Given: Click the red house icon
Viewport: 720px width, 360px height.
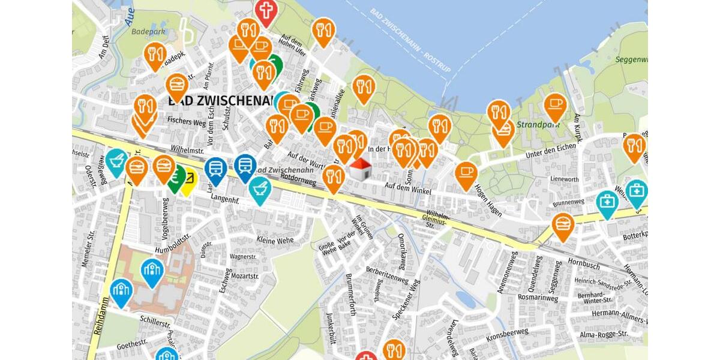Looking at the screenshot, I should pos(359,169).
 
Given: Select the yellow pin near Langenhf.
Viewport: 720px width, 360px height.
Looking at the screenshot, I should pos(188,181).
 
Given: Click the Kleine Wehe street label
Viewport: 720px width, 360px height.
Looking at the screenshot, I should pos(275,240).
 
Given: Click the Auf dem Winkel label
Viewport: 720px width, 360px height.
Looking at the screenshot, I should pos(408,187).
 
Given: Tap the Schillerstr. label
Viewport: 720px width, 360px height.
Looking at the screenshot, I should pos(155,322).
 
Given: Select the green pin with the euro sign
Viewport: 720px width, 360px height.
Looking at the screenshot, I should pos(175,178).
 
